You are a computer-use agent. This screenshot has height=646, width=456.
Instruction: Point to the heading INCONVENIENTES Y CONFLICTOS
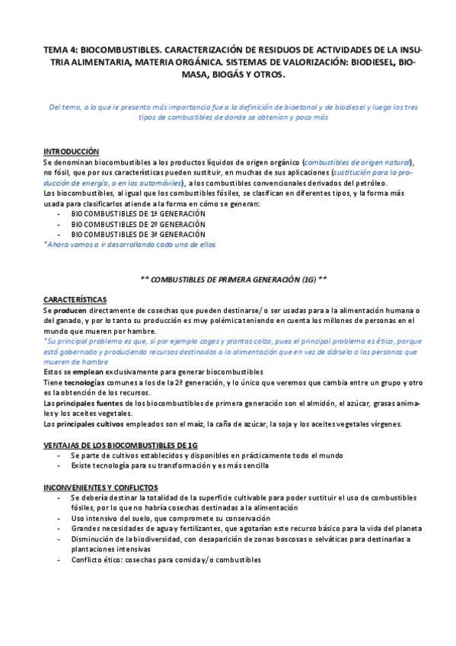(x=100, y=486)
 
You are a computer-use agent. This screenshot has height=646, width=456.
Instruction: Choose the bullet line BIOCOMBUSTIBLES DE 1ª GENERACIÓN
(x=138, y=215)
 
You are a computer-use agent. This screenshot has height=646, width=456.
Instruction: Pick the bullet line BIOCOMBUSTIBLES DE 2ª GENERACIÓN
(x=138, y=225)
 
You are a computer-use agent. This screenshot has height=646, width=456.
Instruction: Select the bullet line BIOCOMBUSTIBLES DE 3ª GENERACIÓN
(x=138, y=235)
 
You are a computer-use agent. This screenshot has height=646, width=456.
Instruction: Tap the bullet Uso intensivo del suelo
(x=152, y=518)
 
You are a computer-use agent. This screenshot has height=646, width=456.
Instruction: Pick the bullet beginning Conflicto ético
(x=165, y=559)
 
